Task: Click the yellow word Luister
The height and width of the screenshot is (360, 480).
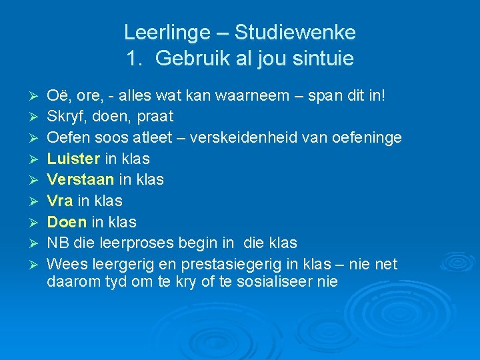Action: tap(74, 159)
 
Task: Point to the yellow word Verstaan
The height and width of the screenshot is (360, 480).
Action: tap(80, 179)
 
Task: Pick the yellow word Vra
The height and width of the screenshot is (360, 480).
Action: tap(60, 201)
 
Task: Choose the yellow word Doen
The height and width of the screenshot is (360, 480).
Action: tap(67, 222)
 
